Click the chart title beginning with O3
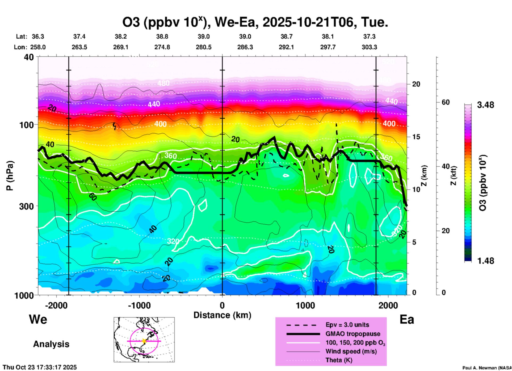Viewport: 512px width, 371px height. (255, 22)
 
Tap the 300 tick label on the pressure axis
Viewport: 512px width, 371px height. (26, 206)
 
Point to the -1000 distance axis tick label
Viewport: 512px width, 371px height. (139, 306)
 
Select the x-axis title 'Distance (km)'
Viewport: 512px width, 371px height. (222, 315)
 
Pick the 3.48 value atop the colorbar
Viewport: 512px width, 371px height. (485, 105)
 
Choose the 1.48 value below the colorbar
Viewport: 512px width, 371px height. (485, 261)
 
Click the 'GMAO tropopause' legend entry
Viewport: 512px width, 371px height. (353, 334)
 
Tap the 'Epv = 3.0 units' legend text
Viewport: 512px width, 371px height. (347, 325)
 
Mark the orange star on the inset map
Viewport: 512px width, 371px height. (144, 341)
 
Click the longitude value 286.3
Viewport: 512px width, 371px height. (245, 47)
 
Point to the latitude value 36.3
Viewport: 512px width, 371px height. (38, 36)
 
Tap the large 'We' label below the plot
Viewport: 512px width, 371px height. (38, 319)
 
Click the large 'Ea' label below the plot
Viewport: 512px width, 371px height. (407, 320)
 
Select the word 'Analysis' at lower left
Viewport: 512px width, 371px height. (51, 344)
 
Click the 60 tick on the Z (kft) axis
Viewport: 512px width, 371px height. (446, 102)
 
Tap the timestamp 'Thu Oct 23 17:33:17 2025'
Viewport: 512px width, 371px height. (40, 367)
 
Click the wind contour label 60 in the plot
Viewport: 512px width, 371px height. (93, 197)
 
